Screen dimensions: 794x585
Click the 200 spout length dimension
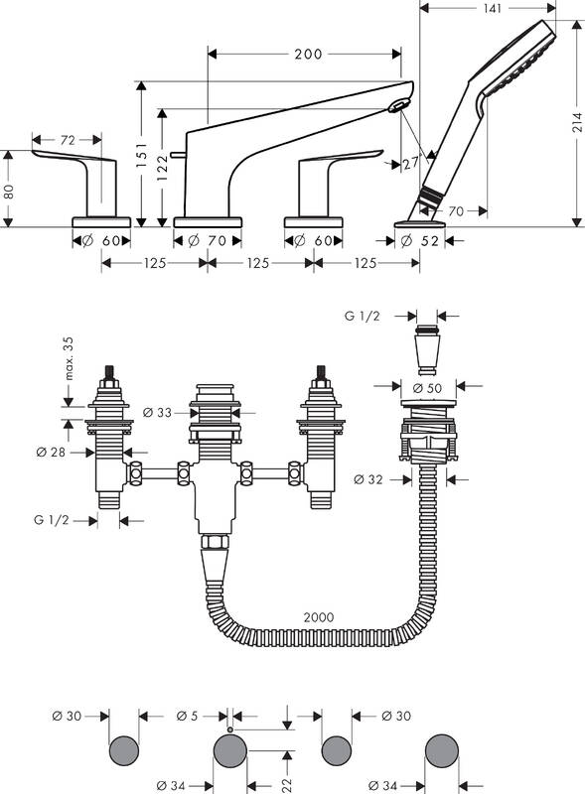pyautogui.click(x=308, y=54)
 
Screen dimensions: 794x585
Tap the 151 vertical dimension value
pyautogui.click(x=141, y=156)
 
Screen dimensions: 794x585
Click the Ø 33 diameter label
pyautogui.click(x=157, y=413)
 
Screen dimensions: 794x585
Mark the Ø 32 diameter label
pyautogui.click(x=368, y=479)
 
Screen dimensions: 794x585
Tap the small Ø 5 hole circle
pyautogui.click(x=230, y=729)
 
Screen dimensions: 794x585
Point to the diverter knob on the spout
pyautogui.click(x=173, y=153)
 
